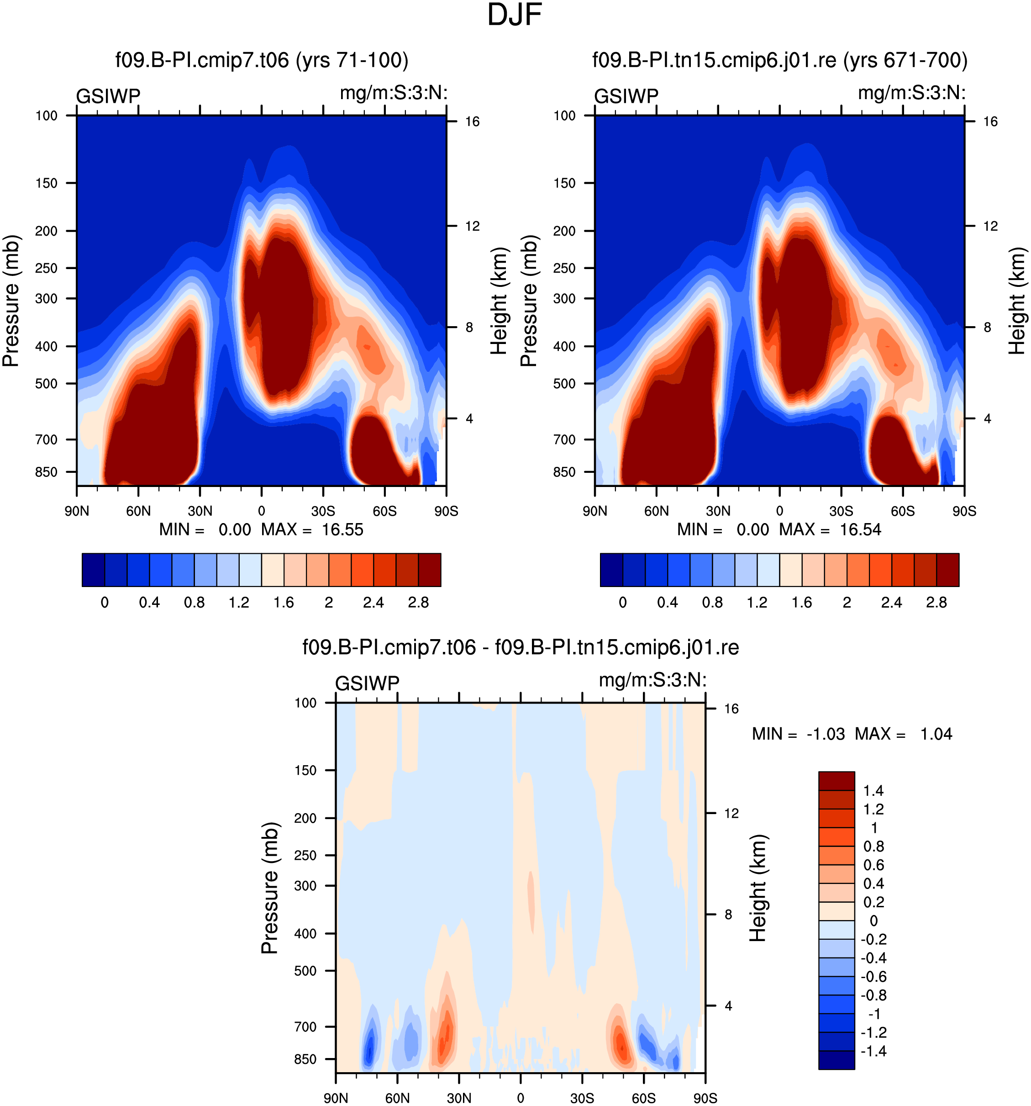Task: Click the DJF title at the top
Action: (515, 15)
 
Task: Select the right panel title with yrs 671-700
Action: (780, 60)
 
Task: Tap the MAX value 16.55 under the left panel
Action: (342, 529)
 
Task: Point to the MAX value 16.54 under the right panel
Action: (860, 529)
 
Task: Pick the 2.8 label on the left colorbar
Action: (418, 603)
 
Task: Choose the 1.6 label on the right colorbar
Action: (802, 603)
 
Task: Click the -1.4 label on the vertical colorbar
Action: (873, 1051)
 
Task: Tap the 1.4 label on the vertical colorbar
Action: (873, 791)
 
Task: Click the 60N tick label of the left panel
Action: (138, 511)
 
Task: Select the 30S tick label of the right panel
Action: (841, 511)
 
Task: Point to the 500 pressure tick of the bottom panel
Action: (306, 971)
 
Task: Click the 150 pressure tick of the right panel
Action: (564, 183)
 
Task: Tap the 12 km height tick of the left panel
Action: (472, 226)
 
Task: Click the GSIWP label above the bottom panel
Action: (367, 683)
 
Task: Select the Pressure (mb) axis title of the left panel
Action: (11, 301)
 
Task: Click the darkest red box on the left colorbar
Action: (429, 570)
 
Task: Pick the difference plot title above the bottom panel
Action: (521, 647)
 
